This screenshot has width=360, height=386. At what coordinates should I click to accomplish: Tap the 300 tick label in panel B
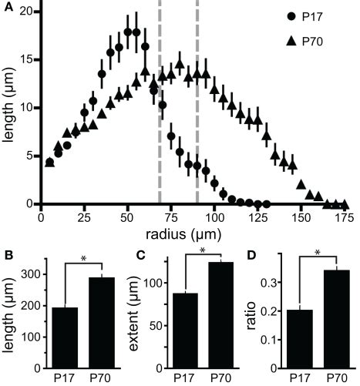pos(32,274)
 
